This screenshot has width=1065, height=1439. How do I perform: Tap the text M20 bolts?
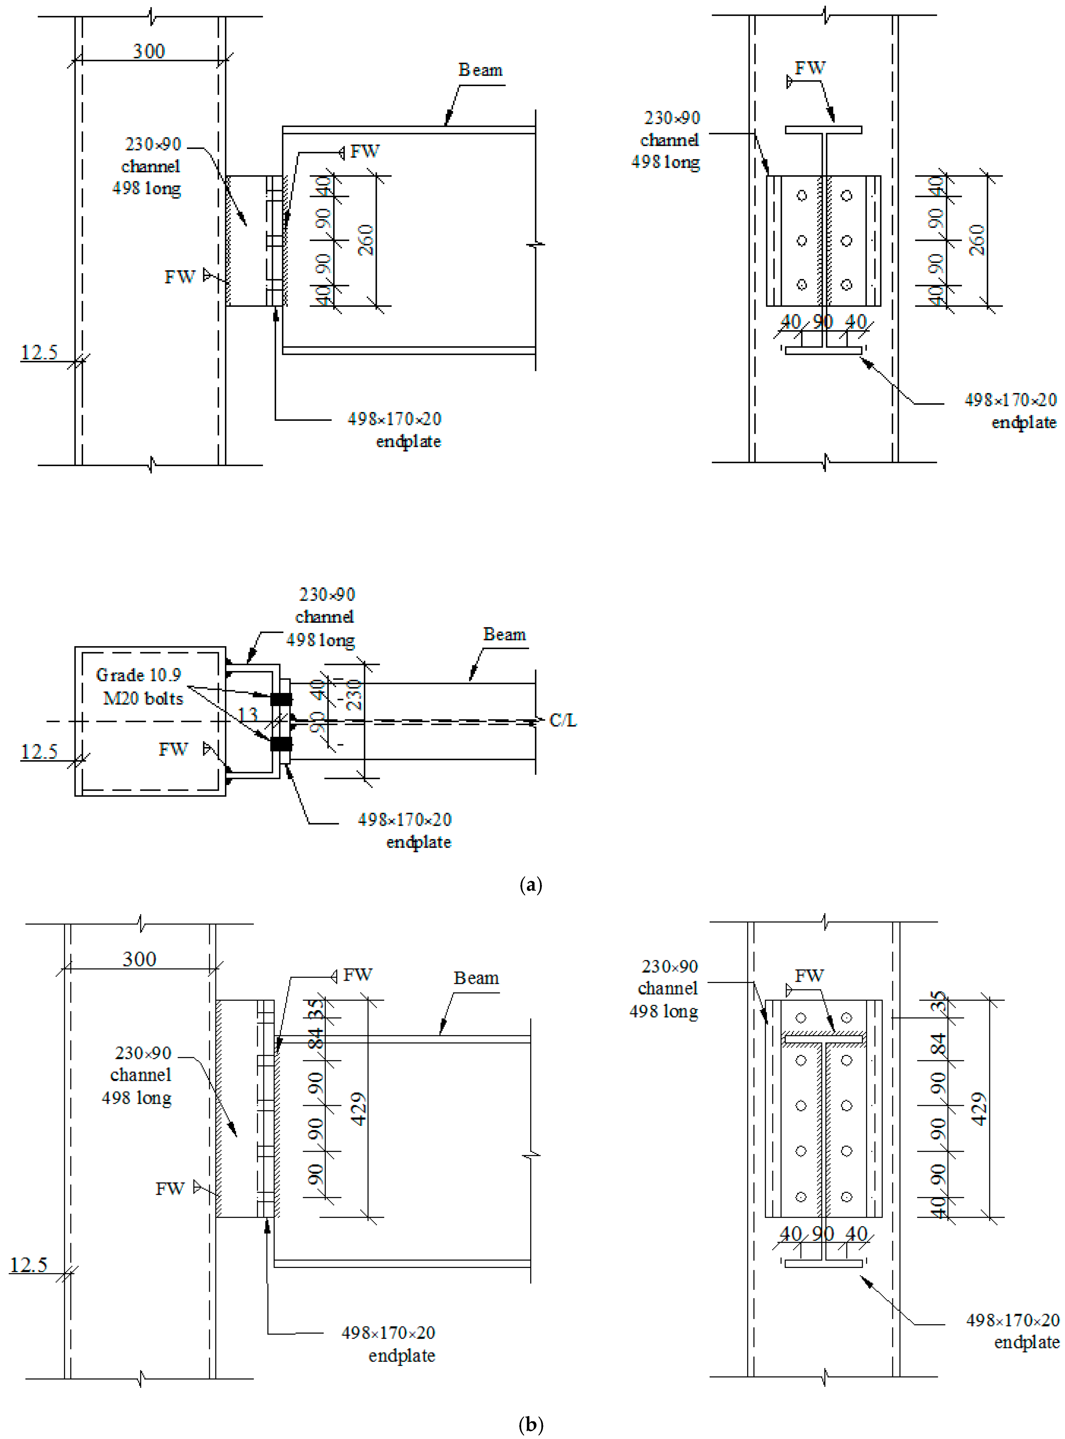pyautogui.click(x=143, y=698)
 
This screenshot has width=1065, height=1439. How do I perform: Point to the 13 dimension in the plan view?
pyautogui.click(x=248, y=714)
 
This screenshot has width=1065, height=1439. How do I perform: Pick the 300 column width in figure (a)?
pyautogui.click(x=149, y=51)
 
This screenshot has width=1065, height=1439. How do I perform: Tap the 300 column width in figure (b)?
pyautogui.click(x=139, y=959)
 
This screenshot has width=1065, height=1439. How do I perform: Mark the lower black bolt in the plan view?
pyautogui.click(x=280, y=744)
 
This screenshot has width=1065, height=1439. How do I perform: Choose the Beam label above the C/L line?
pyautogui.click(x=504, y=635)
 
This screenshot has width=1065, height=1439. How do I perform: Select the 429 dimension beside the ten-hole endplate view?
pyautogui.click(x=979, y=1108)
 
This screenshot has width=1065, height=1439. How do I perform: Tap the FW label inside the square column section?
pyautogui.click(x=174, y=749)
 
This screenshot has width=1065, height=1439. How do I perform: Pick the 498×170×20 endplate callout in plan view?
pyautogui.click(x=405, y=830)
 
